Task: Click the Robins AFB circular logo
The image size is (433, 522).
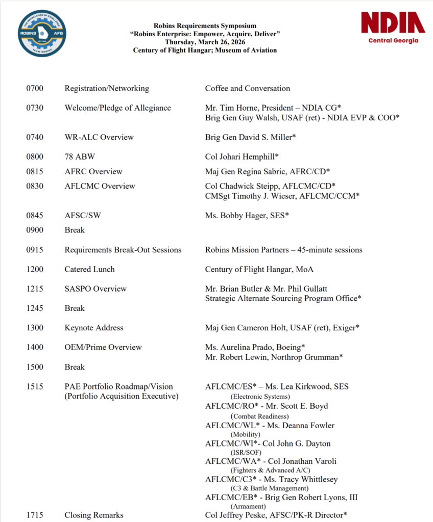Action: click(41, 33)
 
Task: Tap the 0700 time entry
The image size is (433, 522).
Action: click(35, 88)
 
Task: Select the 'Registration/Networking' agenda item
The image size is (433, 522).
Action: click(107, 88)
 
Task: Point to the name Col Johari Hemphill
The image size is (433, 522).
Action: click(241, 157)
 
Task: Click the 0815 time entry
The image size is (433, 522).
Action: click(35, 171)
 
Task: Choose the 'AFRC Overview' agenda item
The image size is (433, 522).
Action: click(93, 171)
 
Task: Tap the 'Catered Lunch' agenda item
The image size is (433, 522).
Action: click(89, 269)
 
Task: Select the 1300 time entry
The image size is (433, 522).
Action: click(35, 328)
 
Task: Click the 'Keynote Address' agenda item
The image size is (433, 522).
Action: click(93, 328)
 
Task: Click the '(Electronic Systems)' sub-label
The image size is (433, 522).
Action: click(260, 396)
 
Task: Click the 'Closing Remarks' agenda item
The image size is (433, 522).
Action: click(93, 515)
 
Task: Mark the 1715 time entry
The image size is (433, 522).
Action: click(35, 515)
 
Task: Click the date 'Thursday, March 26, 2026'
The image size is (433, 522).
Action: click(205, 42)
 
